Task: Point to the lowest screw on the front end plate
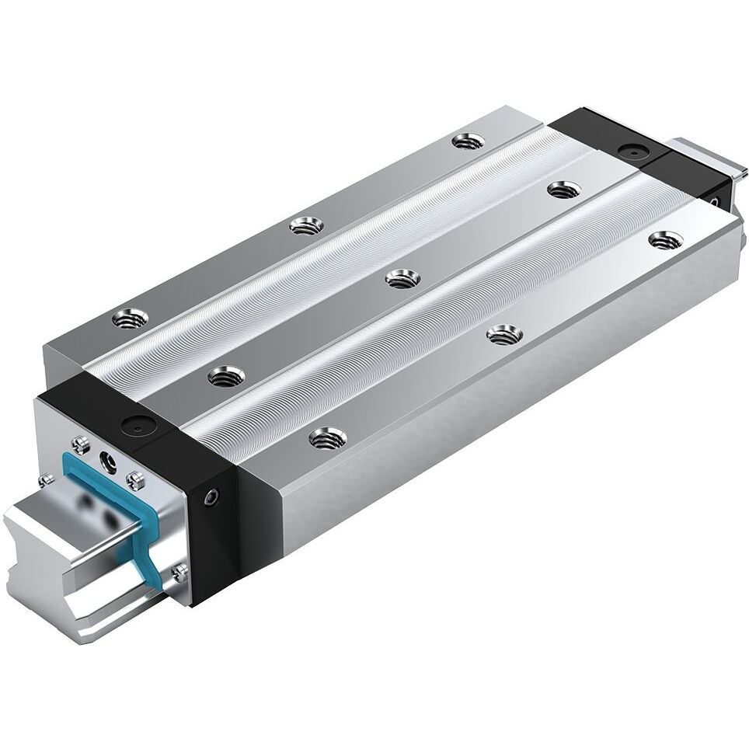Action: pyautogui.click(x=180, y=574)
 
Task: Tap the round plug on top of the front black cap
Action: pyautogui.click(x=139, y=425)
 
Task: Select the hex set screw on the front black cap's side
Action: pyautogui.click(x=211, y=496)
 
